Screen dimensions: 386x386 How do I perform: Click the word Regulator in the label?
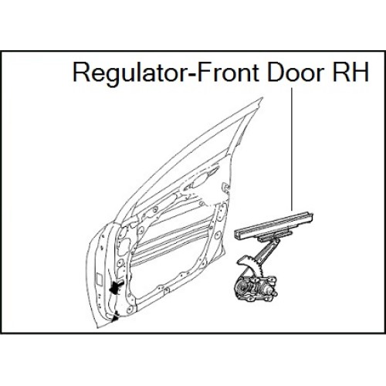131,73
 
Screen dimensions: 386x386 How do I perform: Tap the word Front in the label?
228,72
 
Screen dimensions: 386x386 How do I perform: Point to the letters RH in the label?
350,72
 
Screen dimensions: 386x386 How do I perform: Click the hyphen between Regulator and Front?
194,75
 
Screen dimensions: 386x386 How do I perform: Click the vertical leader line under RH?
292,150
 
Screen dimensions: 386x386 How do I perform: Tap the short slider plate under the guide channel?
276,235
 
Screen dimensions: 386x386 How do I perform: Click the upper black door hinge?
117,286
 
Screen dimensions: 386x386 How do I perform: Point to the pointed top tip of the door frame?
262,97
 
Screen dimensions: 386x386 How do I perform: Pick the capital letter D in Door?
276,72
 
